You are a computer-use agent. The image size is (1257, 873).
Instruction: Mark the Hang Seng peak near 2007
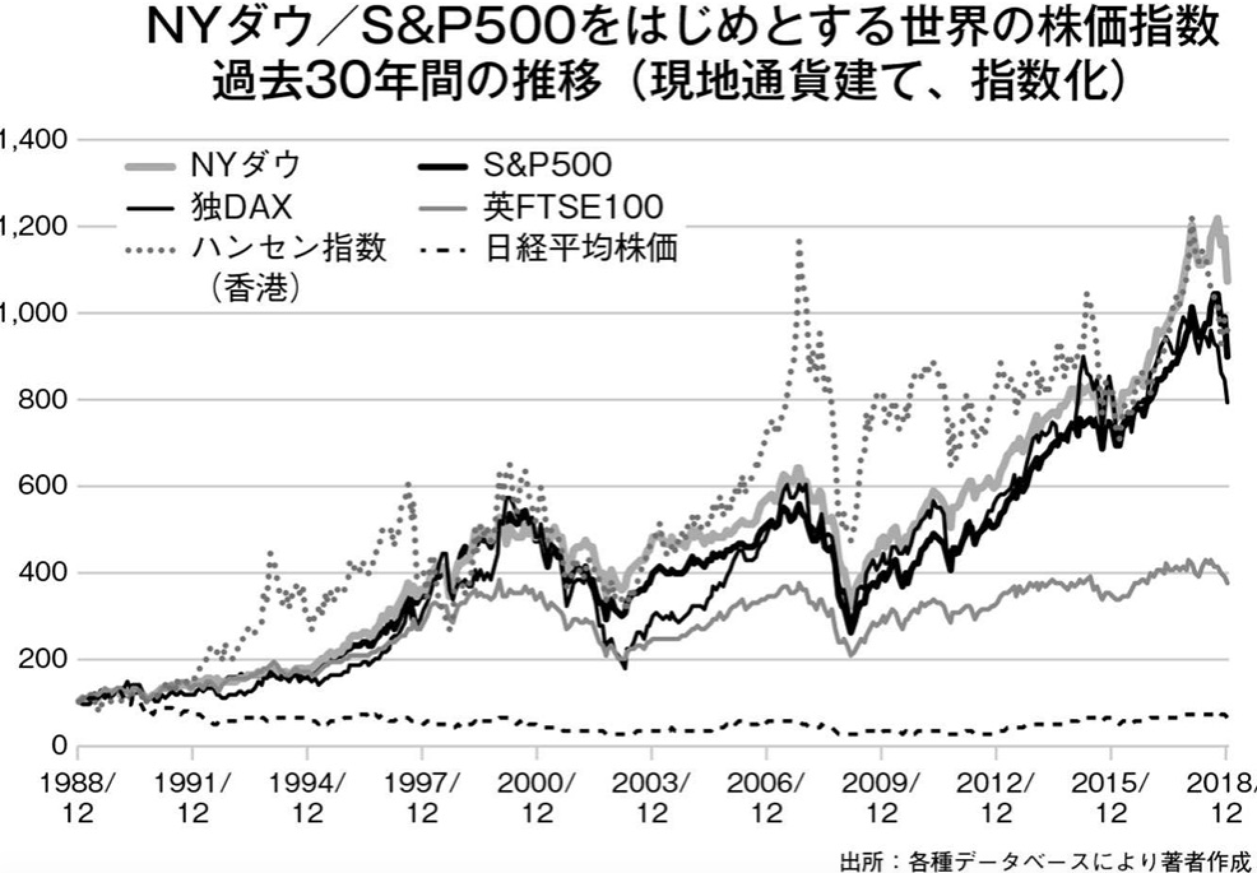[799, 242]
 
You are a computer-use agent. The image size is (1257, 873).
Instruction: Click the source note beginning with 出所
[1045, 862]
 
